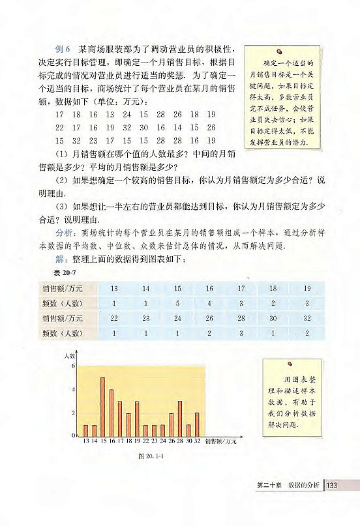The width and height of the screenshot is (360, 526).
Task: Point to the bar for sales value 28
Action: tap(179, 418)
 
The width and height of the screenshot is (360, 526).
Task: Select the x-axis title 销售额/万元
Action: tap(220, 442)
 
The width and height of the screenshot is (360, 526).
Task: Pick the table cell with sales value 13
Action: tap(114, 287)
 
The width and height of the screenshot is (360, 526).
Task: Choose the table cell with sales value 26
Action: tap(209, 318)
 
